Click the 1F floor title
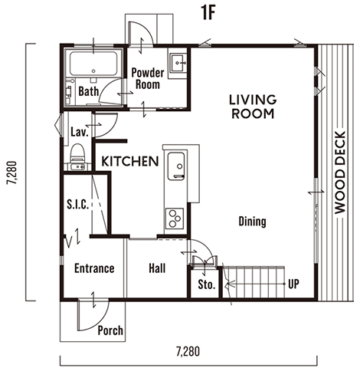208,13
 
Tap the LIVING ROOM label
253,107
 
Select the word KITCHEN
130,162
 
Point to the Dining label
252,222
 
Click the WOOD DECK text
340,172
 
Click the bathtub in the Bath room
93,64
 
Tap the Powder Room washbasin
178,63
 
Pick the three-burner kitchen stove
175,218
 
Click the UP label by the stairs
293,284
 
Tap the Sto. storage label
206,284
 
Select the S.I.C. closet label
78,205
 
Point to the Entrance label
94,268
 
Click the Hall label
157,268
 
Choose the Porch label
110,330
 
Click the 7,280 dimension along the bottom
188,352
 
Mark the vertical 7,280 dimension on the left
12,172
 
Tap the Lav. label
80,132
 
